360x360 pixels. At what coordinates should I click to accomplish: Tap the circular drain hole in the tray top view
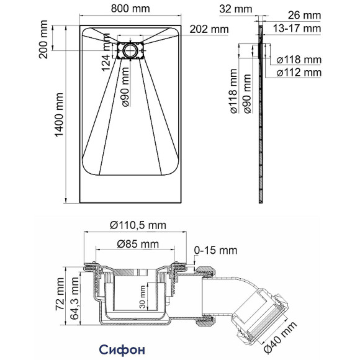(x=131, y=50)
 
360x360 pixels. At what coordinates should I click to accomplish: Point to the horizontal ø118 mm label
(x=299, y=60)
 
